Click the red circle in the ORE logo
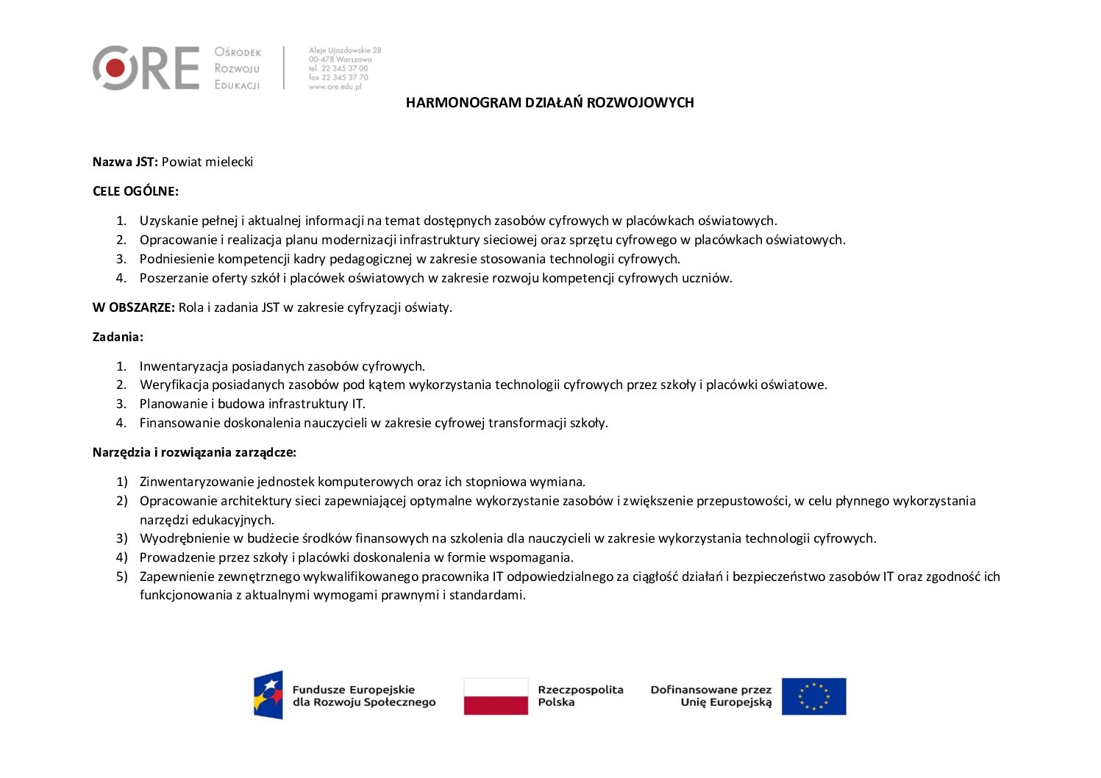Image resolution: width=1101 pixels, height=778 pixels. [x=115, y=68]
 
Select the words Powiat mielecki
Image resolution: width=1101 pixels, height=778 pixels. [x=207, y=162]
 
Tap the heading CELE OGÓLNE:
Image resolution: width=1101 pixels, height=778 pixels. [x=135, y=191]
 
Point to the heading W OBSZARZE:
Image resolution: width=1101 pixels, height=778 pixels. [x=134, y=307]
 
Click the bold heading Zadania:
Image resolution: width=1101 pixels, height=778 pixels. [x=118, y=337]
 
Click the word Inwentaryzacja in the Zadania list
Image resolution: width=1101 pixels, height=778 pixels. [x=184, y=366]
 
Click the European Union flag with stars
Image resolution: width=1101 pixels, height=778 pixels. [x=813, y=696]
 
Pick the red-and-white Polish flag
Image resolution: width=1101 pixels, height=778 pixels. [x=496, y=696]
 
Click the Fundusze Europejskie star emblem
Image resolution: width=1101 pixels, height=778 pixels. [x=268, y=694]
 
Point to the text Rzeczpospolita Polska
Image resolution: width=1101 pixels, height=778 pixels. [x=580, y=696]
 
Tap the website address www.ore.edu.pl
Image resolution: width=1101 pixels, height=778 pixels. [x=335, y=87]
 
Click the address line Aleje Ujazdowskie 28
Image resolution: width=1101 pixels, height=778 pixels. [x=345, y=51]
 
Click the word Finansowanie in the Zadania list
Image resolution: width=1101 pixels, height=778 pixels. [x=179, y=423]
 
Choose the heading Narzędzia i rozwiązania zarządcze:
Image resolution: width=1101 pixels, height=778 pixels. [x=194, y=452]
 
